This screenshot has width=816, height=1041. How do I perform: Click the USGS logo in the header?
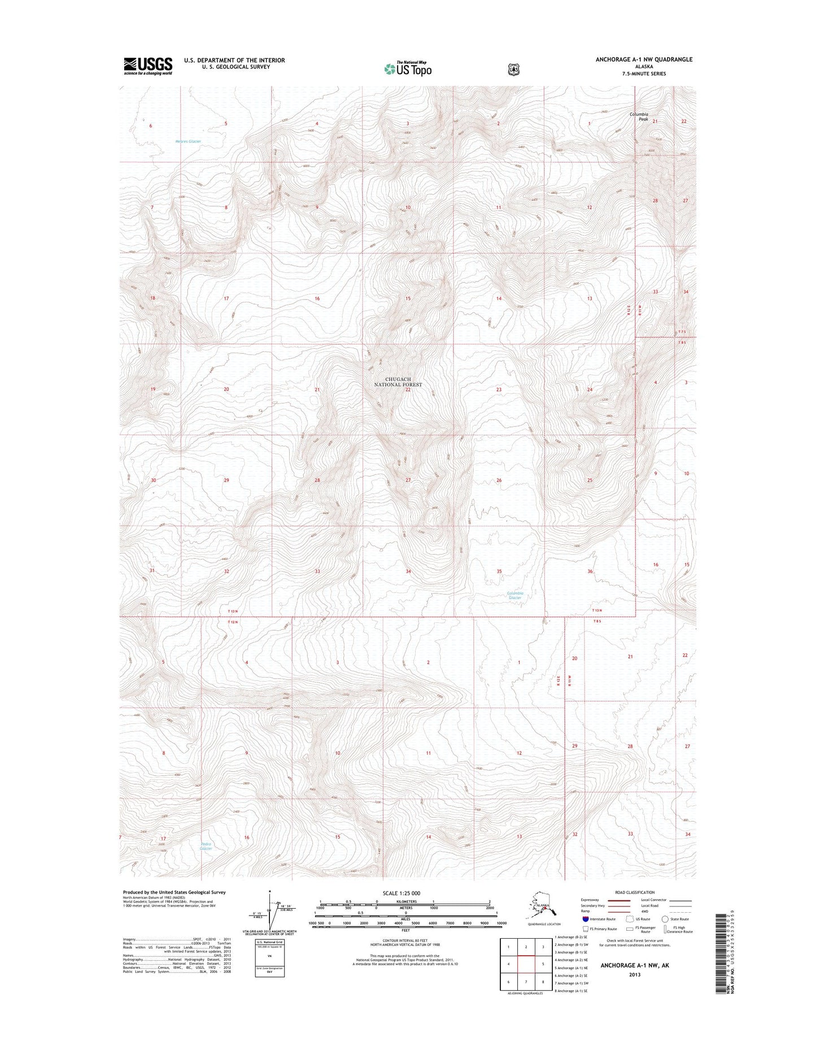click(148, 66)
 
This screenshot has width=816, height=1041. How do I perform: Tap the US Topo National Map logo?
click(408, 68)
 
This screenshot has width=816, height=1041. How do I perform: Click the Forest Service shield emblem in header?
click(513, 70)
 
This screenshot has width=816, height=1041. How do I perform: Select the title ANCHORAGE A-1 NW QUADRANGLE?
click(644, 59)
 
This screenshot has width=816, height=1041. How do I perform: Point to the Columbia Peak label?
click(640, 116)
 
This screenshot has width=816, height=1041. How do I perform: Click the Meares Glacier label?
click(188, 141)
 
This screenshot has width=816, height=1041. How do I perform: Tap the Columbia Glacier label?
click(515, 595)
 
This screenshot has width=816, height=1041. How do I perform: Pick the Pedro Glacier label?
click(206, 846)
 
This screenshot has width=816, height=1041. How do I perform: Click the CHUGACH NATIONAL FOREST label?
click(398, 381)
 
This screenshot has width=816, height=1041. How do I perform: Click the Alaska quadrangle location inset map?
click(542, 908)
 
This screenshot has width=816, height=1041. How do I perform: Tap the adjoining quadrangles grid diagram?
click(526, 964)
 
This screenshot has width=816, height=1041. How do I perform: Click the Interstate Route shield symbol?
click(586, 919)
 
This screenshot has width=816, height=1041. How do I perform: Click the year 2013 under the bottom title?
click(635, 974)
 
